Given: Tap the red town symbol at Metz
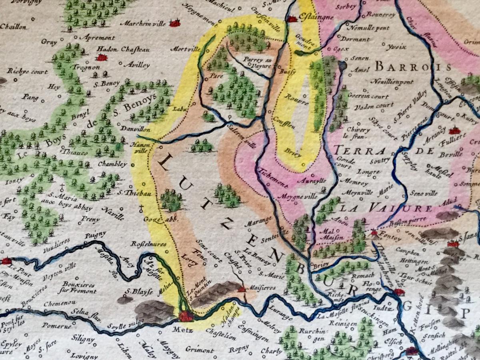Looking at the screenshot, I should tap(186, 316).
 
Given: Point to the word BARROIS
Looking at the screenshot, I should tap(413, 67).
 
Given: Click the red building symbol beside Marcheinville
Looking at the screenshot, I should tap(174, 24).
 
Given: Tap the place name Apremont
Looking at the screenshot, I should tap(98, 38).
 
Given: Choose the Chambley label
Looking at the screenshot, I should tap(112, 164).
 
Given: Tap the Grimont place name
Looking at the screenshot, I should tap(199, 350).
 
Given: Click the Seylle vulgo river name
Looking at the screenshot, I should tap(128, 326).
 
